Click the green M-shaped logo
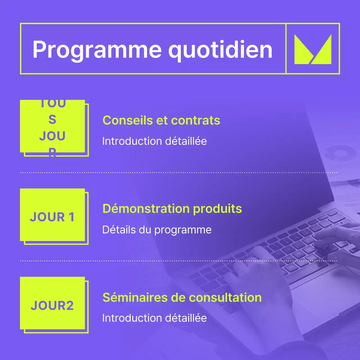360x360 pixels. pos(312,49)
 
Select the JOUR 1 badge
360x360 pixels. pos(52,217)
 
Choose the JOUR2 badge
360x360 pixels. pos(52,305)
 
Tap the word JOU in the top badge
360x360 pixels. pos(52,136)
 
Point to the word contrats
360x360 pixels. pos(195,120)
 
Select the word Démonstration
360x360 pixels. pos(146,209)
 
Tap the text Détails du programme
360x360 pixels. pos(157,230)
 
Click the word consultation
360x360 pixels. pos(225,297)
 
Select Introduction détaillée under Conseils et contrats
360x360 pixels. pos(154,141)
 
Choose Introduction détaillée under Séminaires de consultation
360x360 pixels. pos(154,318)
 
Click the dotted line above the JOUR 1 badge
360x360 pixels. pos(179,172)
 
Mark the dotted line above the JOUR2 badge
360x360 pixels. pos(179,261)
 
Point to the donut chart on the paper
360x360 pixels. pos(340,153)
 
